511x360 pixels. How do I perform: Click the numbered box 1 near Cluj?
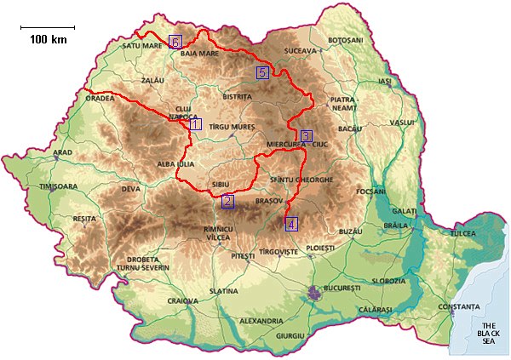(195, 124)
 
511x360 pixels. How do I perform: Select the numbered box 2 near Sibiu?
(227, 202)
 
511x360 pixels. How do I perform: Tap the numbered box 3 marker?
(307, 136)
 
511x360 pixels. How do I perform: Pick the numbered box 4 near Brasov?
(292, 225)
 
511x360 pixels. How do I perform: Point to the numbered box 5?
(263, 72)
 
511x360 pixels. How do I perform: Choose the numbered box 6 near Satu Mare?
(175, 42)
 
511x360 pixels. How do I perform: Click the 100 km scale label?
(48, 39)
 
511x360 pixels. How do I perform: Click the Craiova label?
(182, 300)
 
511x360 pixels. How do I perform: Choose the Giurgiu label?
(290, 336)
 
